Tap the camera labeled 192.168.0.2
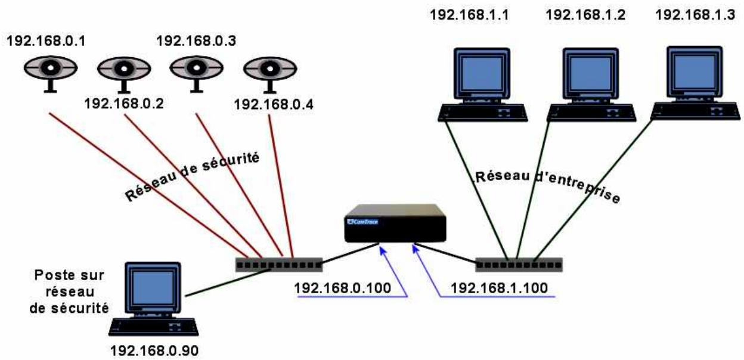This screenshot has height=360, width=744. [x=123, y=74]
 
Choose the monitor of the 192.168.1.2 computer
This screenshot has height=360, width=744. [x=588, y=70]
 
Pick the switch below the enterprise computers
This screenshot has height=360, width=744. [x=519, y=263]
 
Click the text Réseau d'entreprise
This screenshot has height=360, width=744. [x=546, y=184]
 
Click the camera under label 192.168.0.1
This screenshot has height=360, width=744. [x=49, y=72]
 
